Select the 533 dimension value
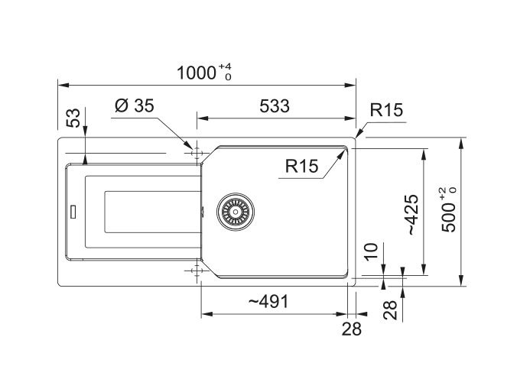pos(275,107)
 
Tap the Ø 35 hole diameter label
pos(134,107)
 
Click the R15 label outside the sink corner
pos(385,111)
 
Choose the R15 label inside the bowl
pos(301,166)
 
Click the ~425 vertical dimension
pos(411,214)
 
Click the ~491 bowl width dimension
pos(268,302)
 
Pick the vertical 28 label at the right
pos(391,310)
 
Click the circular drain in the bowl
pos(234,210)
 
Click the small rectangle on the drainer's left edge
pos(74,211)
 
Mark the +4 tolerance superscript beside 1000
pos(225,67)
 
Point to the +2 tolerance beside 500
pos(444,193)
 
